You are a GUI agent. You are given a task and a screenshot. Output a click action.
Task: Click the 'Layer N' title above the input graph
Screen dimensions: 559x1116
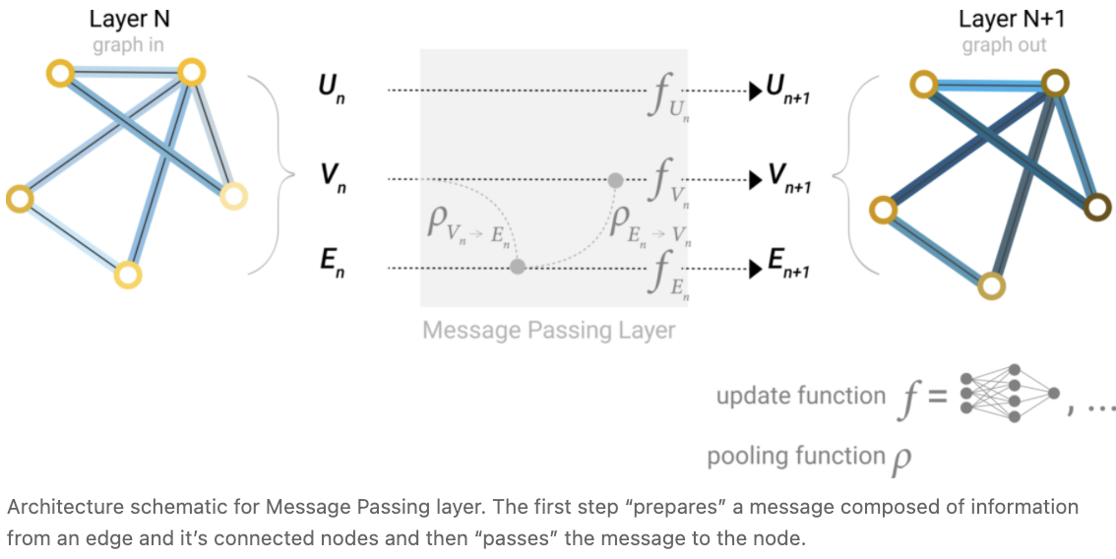[129, 19]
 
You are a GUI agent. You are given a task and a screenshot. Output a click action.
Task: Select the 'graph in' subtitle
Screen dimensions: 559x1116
[128, 45]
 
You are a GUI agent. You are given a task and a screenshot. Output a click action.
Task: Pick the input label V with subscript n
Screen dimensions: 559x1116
[331, 178]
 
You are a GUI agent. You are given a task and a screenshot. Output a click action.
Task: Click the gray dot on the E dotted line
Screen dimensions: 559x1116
[518, 267]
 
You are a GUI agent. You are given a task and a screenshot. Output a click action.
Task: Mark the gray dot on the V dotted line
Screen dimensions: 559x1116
[615, 179]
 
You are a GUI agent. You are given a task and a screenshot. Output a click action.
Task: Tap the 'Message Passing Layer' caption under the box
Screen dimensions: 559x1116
[549, 329]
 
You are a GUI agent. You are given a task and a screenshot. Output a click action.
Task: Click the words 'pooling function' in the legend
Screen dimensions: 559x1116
[782, 456]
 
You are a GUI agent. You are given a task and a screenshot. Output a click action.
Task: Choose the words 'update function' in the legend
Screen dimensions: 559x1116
[787, 396]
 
